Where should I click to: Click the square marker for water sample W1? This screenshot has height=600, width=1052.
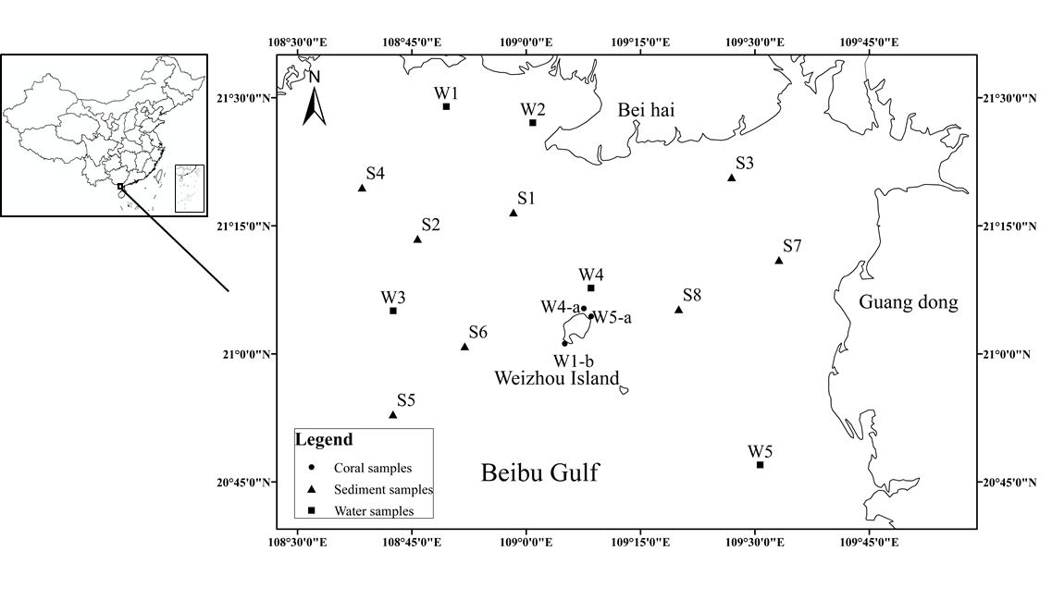point(446,106)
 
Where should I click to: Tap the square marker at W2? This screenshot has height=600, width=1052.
point(533,123)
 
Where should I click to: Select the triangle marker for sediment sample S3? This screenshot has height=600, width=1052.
point(732,178)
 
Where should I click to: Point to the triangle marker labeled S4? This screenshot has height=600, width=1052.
point(362,188)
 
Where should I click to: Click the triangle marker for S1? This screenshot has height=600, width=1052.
point(514,213)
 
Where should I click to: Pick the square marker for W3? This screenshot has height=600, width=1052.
point(393,311)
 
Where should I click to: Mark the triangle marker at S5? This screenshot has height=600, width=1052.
point(393,414)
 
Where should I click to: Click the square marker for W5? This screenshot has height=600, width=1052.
point(761,465)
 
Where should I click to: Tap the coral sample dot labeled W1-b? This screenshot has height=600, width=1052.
point(564,344)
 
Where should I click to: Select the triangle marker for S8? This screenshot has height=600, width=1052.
point(679,310)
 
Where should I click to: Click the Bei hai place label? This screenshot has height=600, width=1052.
point(646,111)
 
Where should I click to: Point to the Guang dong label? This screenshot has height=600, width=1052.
point(908,302)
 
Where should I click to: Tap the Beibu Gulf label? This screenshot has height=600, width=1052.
point(539,474)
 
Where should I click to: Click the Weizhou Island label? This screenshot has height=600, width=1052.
point(556,377)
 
